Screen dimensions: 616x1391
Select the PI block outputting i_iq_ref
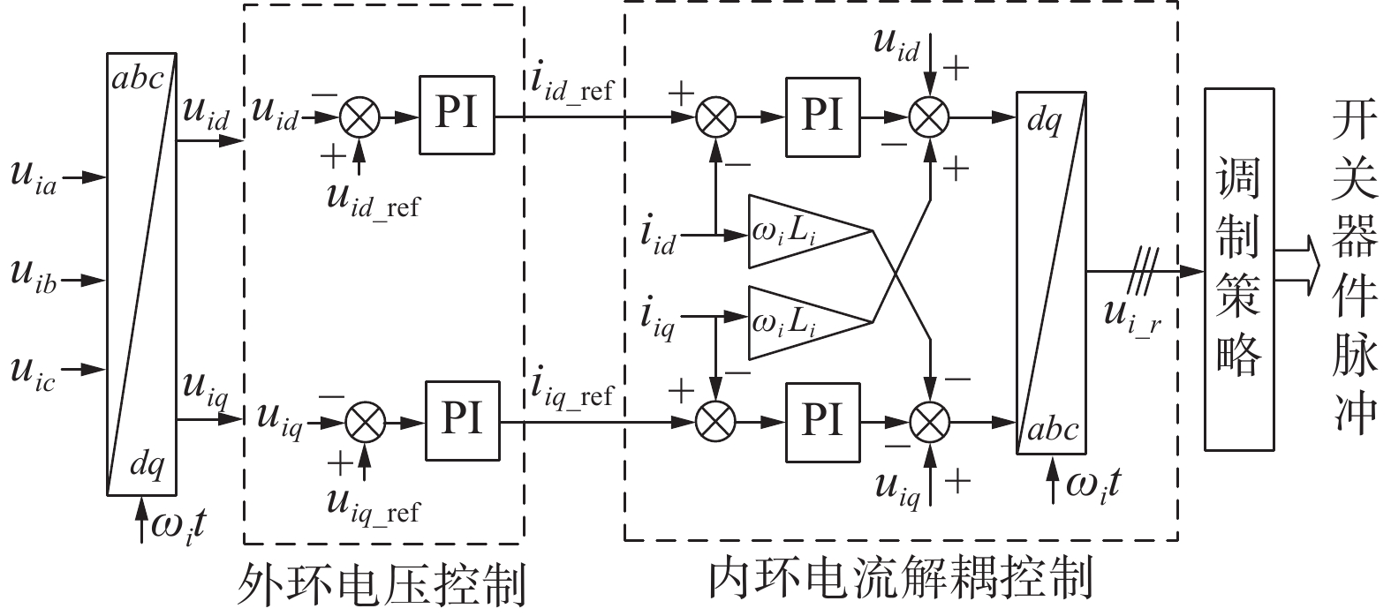tap(462, 420)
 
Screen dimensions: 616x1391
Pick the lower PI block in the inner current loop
tap(821, 420)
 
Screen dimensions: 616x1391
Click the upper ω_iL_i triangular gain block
tap(799, 231)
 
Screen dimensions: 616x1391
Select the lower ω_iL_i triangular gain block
tap(799, 323)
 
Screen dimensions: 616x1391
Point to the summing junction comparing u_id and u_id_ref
tap(359, 116)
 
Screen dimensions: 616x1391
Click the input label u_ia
tap(34, 177)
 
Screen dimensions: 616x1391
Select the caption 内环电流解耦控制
tap(901, 578)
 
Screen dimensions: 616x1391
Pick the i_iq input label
tap(659, 319)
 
